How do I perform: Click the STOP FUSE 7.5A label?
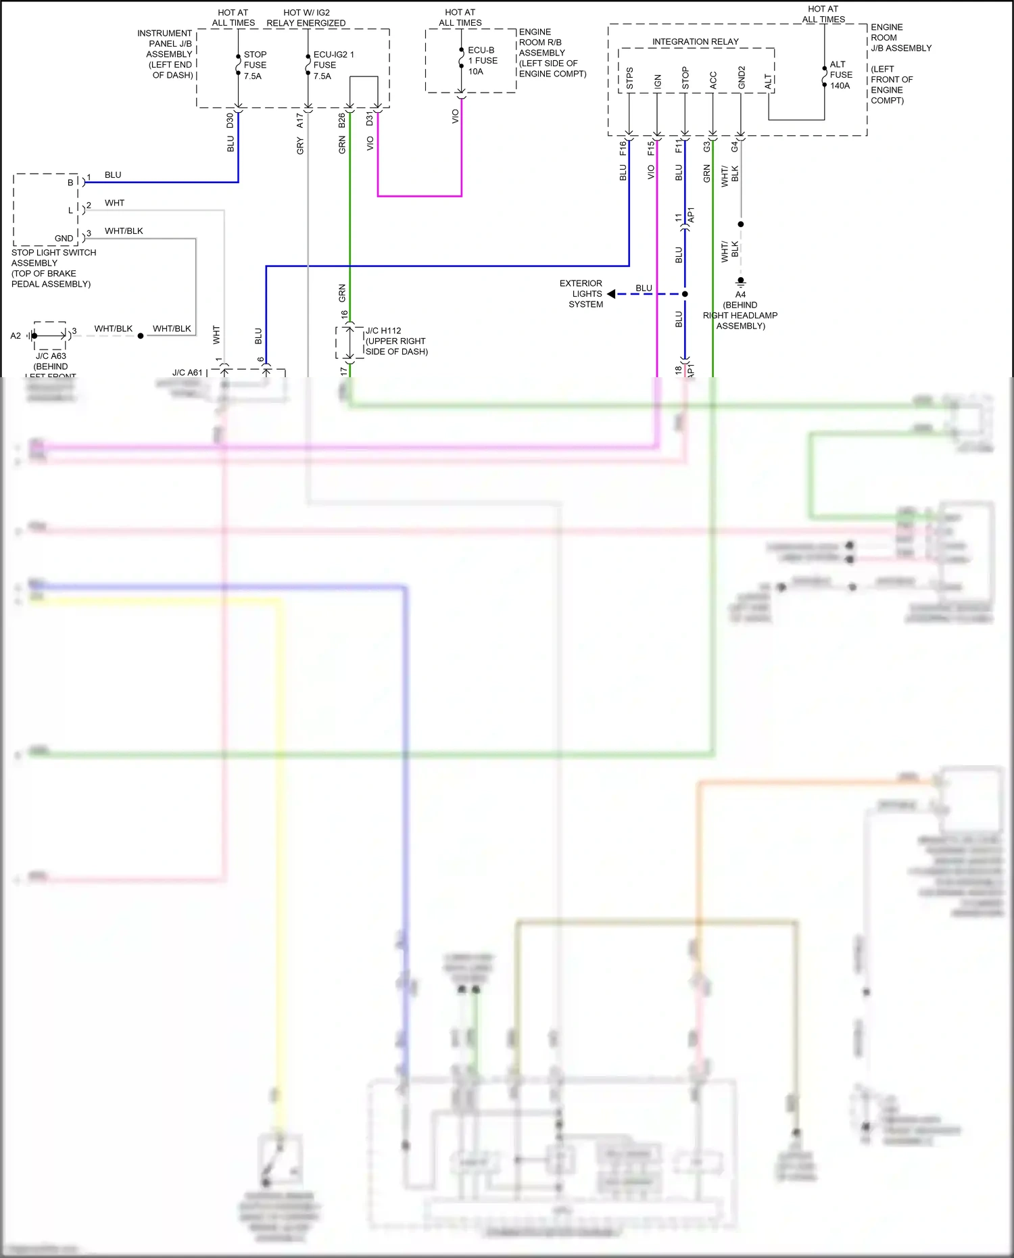point(255,65)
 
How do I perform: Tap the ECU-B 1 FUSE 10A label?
point(482,61)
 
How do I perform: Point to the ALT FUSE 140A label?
point(840,75)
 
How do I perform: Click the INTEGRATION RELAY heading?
point(695,42)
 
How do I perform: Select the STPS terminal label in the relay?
point(629,78)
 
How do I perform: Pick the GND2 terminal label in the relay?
point(742,78)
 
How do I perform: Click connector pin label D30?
point(230,121)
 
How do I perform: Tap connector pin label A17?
point(300,121)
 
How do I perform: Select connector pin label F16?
point(623,148)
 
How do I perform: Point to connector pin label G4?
point(734,146)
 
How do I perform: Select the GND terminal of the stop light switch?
point(64,238)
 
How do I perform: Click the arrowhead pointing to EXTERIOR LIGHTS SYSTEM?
point(611,294)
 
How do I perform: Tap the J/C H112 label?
point(383,331)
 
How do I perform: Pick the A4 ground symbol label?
point(740,294)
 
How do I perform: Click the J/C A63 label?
point(51,356)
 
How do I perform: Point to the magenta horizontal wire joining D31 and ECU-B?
point(419,196)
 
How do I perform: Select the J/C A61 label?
point(187,372)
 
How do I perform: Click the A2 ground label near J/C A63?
point(16,335)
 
